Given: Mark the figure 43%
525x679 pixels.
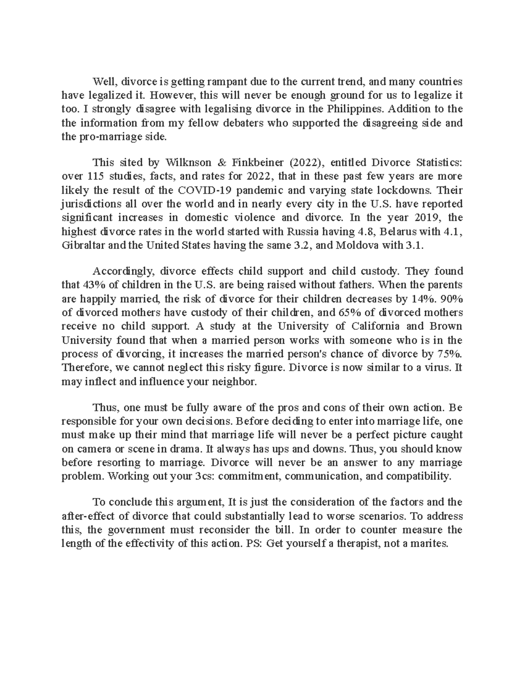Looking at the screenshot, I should [x=91, y=286].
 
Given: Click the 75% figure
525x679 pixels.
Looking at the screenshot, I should [x=451, y=353].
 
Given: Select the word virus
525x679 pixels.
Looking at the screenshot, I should [x=436, y=367].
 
